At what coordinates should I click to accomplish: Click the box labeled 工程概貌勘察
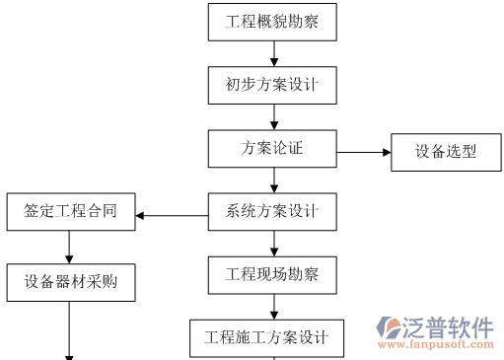coord(272,21)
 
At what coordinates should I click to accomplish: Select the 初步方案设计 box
coord(272,85)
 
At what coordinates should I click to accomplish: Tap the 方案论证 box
coord(272,149)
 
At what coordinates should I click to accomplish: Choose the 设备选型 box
coord(445,152)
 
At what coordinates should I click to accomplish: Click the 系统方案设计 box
coord(272,211)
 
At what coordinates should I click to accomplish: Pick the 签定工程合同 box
coord(69,212)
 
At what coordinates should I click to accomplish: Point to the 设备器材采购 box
coord(69,282)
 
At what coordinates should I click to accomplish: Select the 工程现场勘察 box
coord(272,273)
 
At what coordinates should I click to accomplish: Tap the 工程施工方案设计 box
coord(266,337)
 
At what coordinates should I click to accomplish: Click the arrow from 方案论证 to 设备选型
coord(364,153)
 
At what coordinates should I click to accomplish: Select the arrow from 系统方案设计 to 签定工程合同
coord(172,215)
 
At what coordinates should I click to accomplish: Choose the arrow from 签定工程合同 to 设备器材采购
coord(69,247)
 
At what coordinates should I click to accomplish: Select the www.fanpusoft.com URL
coord(436,345)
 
